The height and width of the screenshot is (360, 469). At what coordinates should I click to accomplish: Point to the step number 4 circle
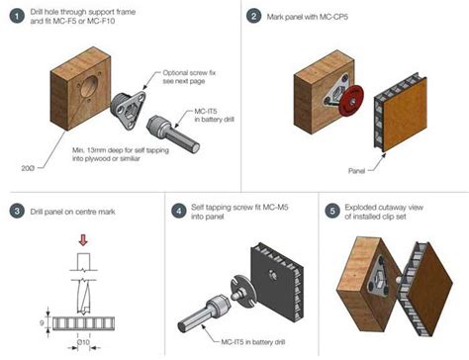[176, 211]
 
